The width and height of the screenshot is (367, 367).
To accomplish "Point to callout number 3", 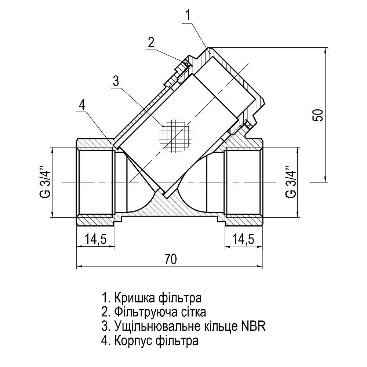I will pos(116,81).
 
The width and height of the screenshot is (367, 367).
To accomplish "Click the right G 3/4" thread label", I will pos(290,183).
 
